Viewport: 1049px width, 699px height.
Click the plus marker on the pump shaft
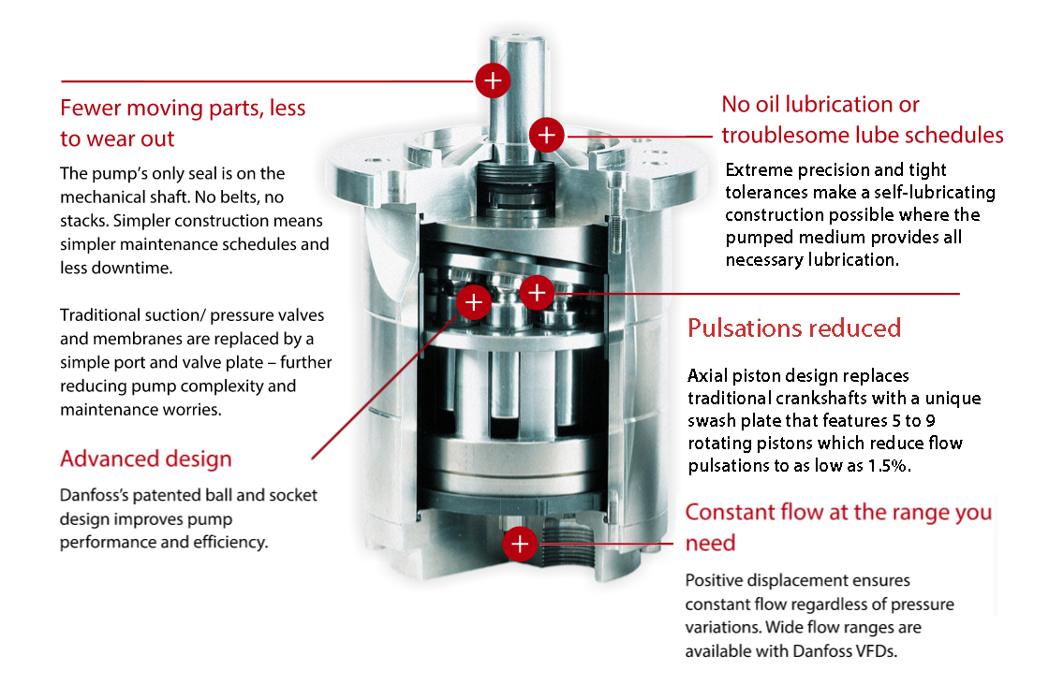click(493, 80)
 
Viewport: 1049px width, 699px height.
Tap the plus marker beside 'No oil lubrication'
click(546, 135)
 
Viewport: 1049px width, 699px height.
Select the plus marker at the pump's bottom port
click(520, 543)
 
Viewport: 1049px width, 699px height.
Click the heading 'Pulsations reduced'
click(794, 328)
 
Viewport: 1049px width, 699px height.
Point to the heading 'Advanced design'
click(145, 459)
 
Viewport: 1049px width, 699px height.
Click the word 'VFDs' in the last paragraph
click(877, 651)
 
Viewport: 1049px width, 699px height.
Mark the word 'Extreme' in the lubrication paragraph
click(758, 170)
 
